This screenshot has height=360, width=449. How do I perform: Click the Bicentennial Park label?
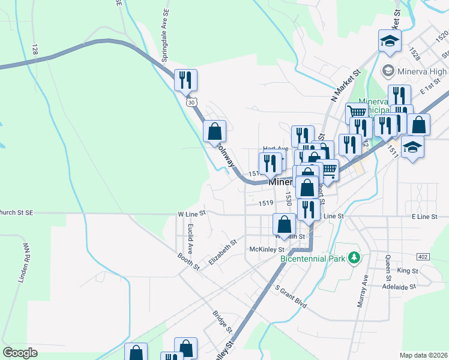click(314, 259)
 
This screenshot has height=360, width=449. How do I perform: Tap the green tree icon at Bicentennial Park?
click(355, 258)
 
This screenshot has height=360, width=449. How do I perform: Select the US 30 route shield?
click(191, 103)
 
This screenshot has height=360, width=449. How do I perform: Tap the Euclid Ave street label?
click(190, 237)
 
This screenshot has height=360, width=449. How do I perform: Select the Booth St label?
click(188, 261)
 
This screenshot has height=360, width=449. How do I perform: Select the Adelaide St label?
click(400, 287)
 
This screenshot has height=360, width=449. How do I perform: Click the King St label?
click(407, 271)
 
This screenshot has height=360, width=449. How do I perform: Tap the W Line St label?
click(191, 213)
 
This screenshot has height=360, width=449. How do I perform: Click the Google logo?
click(20, 353)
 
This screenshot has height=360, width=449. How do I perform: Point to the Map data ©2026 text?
click(423, 355)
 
